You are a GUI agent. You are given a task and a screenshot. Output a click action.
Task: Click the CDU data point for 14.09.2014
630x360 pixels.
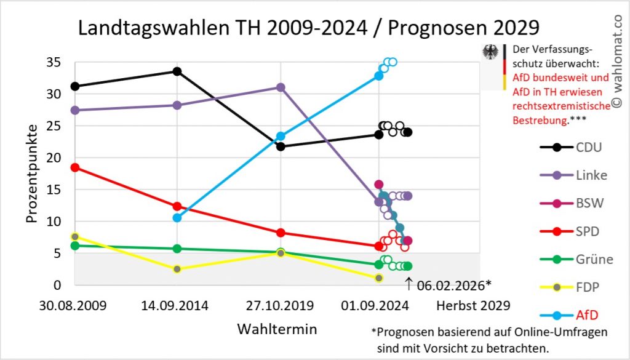click(177, 71)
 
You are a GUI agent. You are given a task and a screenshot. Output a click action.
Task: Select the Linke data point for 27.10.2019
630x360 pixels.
click(281, 87)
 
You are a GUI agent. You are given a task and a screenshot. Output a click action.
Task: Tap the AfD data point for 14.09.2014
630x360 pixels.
click(177, 217)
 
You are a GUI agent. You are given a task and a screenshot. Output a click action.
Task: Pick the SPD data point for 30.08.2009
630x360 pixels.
click(75, 167)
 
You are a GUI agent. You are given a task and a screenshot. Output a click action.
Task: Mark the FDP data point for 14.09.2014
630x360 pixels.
click(177, 269)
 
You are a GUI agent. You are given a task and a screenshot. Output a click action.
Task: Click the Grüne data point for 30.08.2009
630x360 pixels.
click(75, 246)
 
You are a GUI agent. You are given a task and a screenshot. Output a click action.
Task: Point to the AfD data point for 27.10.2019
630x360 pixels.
click(281, 136)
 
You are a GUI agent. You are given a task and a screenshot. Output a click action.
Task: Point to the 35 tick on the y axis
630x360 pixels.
click(54, 62)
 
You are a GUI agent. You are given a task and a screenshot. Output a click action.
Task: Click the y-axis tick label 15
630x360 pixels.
click(54, 190)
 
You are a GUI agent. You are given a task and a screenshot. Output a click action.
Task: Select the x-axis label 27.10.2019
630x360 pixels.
click(280, 305)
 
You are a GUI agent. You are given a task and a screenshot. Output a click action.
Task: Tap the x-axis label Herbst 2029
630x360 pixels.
click(473, 305)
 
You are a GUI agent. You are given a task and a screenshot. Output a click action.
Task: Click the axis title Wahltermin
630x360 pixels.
click(277, 329)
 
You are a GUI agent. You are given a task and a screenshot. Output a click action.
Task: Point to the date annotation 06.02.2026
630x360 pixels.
click(454, 285)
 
